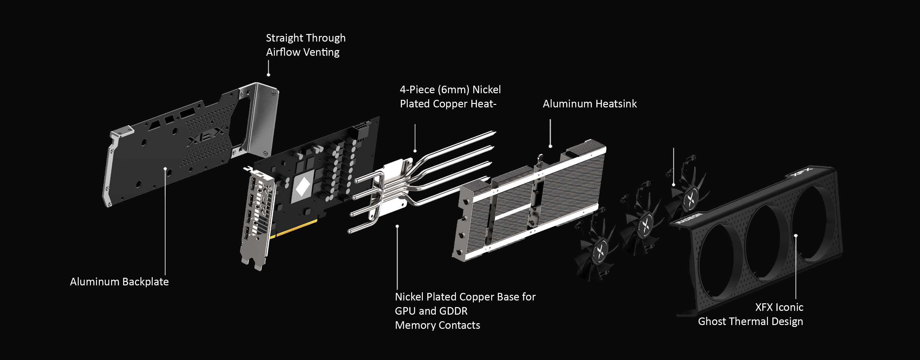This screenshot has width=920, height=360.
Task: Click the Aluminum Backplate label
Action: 119,282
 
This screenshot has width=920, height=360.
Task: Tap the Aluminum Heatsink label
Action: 590,104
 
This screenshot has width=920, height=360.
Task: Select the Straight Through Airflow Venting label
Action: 306,45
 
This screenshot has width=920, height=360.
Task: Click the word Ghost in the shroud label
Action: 714,322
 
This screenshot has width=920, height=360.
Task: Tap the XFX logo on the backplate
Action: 207,136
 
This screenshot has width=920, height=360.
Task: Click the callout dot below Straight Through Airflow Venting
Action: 269,75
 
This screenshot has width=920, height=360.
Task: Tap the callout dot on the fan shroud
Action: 796,236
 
